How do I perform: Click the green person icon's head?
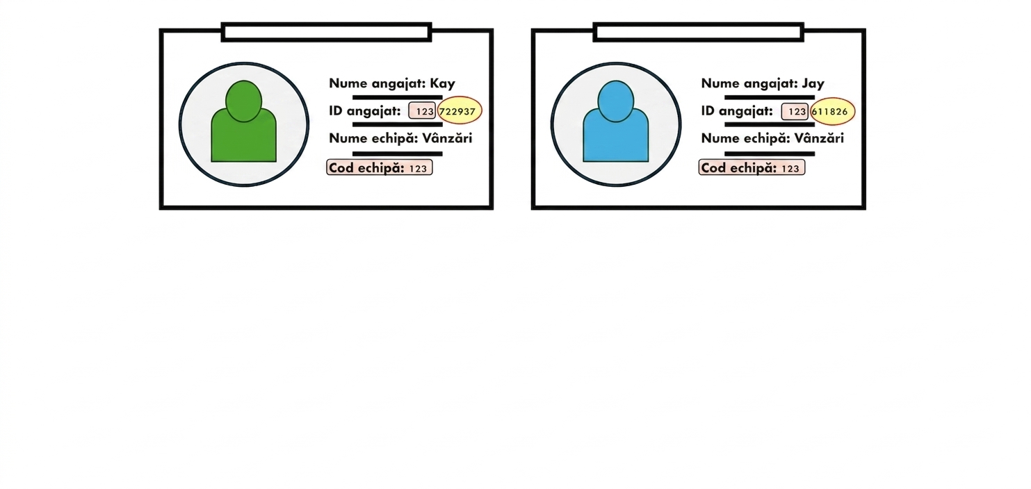pos(243,101)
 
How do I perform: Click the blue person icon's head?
pos(615,101)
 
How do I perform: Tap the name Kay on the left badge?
pos(442,84)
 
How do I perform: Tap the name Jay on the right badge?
pos(813,84)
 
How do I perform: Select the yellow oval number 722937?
pos(460,111)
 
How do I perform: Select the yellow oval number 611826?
pos(832,111)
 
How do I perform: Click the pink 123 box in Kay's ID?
pos(422,111)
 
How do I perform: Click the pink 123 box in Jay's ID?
pos(795,111)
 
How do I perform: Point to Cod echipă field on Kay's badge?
pos(380,167)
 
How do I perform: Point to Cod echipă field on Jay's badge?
pos(752,167)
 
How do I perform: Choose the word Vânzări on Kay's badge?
pos(447,138)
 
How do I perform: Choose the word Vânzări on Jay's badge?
pos(819,138)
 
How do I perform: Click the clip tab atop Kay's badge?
pos(326,32)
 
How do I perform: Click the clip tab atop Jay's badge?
pos(698,32)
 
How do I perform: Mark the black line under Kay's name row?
pos(397,97)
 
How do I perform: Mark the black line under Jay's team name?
pos(769,154)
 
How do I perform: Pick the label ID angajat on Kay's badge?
pos(364,111)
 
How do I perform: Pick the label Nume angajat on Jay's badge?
pos(749,84)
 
